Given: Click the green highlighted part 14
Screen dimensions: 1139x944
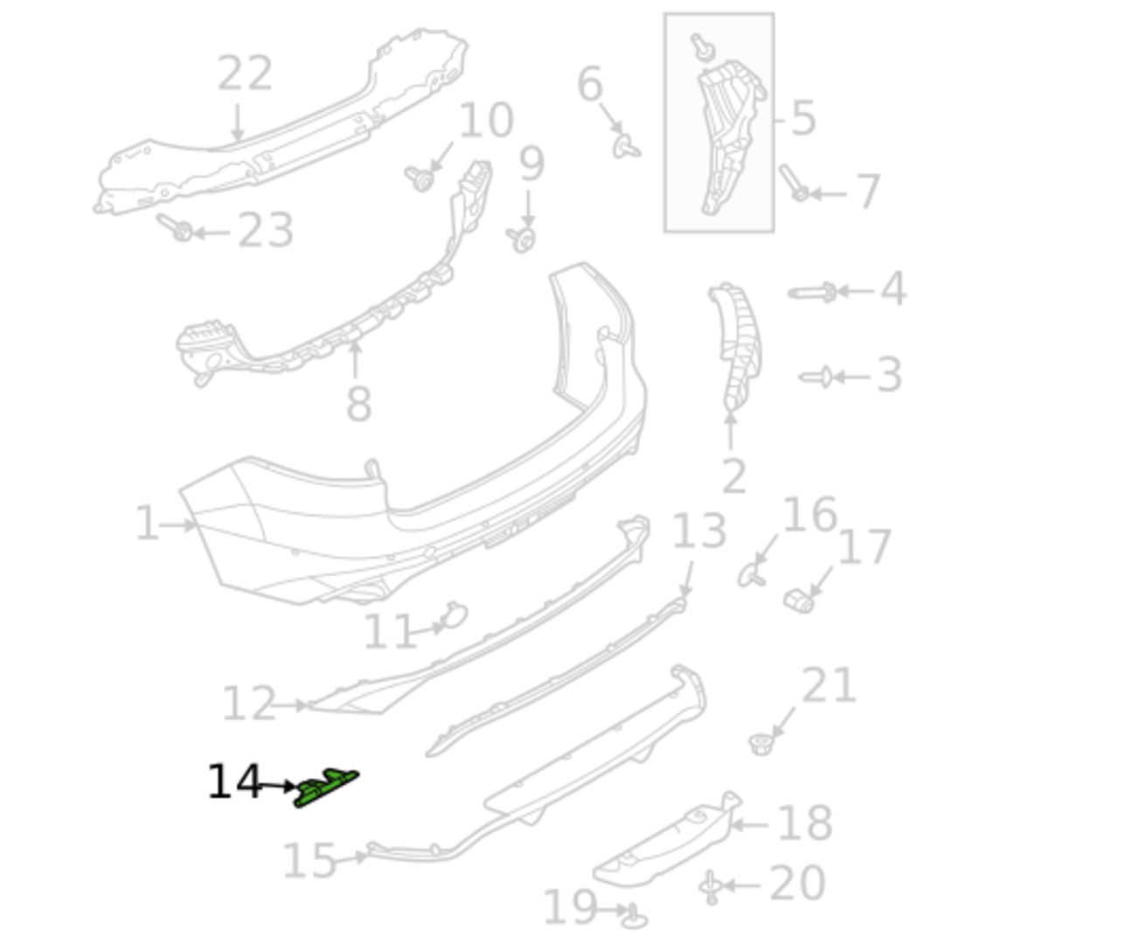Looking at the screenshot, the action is [326, 788].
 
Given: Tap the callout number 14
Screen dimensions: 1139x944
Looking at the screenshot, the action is [234, 781].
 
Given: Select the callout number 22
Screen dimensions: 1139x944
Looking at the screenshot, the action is [245, 73].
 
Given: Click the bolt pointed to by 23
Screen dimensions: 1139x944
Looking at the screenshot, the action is [175, 227].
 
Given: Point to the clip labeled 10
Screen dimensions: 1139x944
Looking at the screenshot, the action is [420, 179].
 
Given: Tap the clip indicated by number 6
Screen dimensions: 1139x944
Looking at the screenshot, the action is [626, 147].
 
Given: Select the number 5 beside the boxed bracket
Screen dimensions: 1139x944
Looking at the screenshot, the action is [803, 118].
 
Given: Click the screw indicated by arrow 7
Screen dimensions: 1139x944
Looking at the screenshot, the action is [794, 183].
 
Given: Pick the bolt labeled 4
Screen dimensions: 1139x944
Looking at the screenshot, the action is [812, 293].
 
